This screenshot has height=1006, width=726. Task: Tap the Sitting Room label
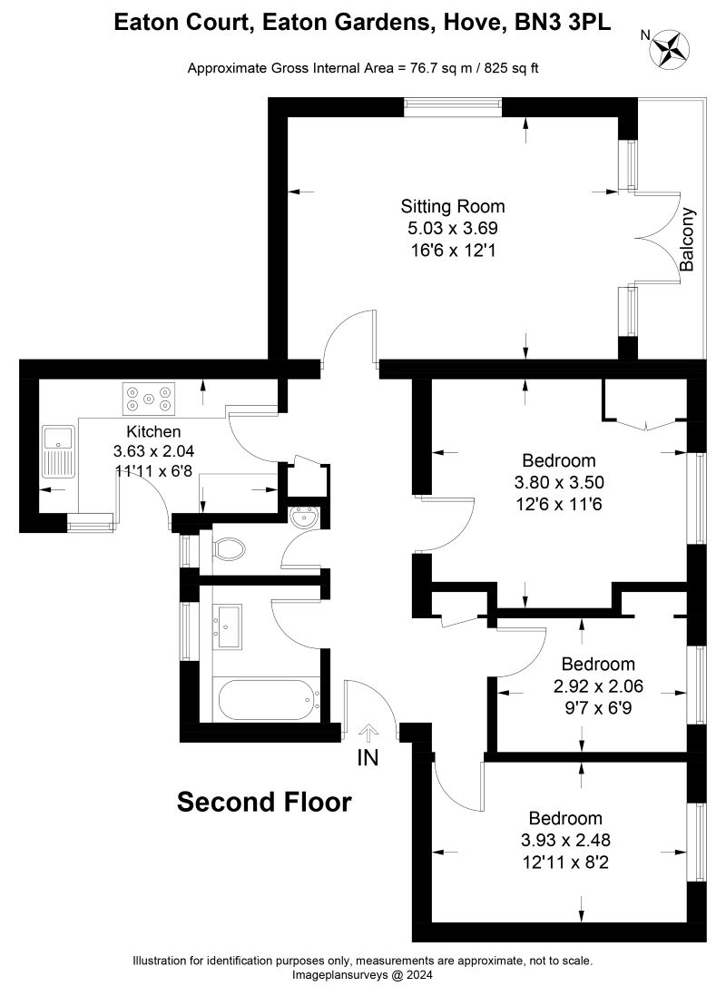pyautogui.click(x=453, y=207)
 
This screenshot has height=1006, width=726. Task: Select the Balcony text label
pyautogui.click(x=688, y=241)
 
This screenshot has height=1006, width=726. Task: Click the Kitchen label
pyautogui.click(x=153, y=431)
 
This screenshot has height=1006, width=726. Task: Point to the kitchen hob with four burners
pyautogui.click(x=149, y=396)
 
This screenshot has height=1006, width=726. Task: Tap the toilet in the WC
pyautogui.click(x=230, y=549)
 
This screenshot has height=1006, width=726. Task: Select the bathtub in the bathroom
pyautogui.click(x=265, y=699)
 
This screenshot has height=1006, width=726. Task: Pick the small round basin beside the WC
pyautogui.click(x=302, y=518)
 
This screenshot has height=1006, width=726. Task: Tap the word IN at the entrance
pyautogui.click(x=368, y=755)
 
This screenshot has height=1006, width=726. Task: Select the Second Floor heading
pyautogui.click(x=263, y=803)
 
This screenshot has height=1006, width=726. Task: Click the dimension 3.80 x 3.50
pyautogui.click(x=558, y=482)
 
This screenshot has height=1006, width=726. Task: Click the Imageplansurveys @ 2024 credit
pyautogui.click(x=362, y=975)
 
